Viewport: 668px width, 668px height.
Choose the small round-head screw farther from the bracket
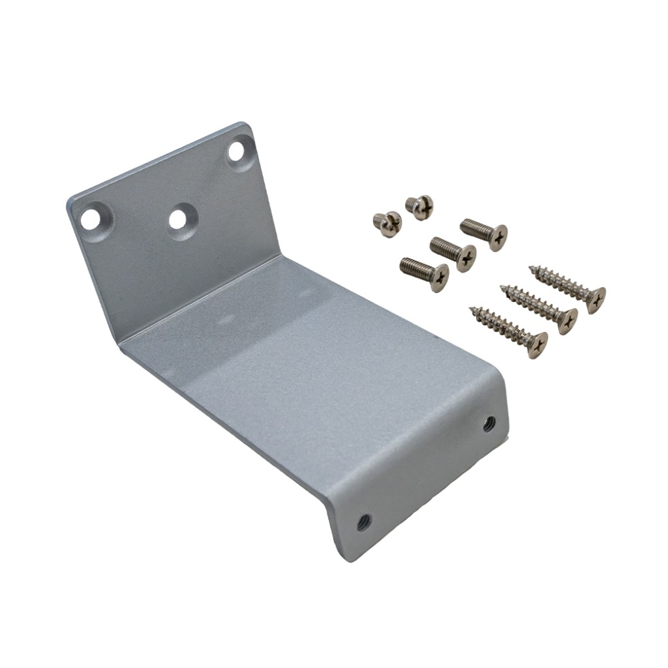click(416, 204)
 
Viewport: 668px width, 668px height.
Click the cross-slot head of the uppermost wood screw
click(594, 299)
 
